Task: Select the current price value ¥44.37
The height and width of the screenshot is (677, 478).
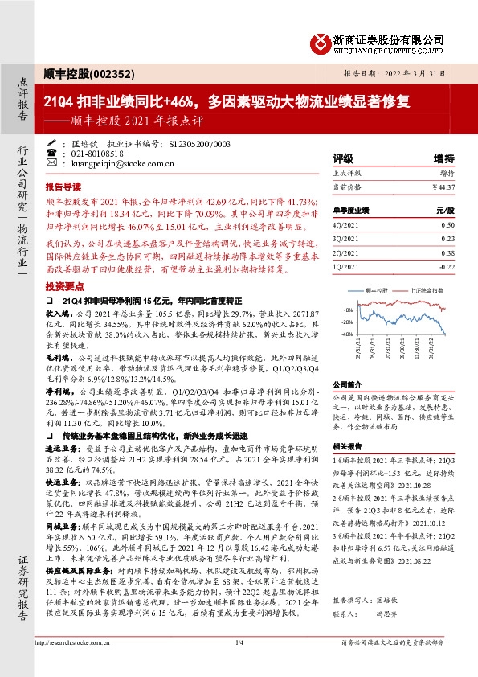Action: pos(443,187)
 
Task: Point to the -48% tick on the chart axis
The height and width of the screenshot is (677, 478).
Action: pos(345,334)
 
